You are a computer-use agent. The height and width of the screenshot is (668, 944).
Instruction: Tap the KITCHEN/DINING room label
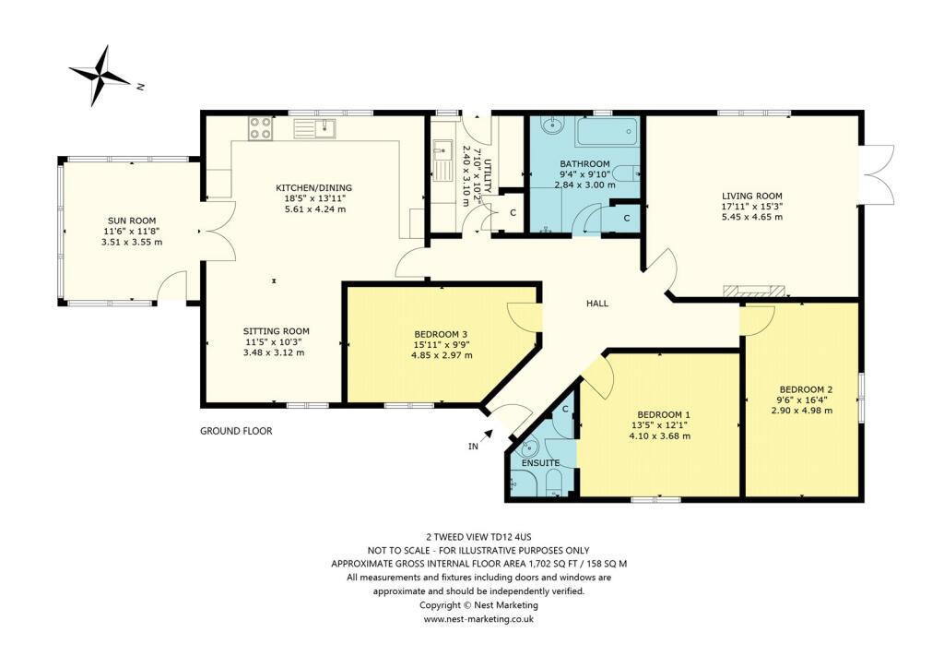pos(313,188)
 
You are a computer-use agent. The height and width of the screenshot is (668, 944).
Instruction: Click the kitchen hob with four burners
pos(259,128)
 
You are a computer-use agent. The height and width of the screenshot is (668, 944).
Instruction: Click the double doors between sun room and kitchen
pos(212,242)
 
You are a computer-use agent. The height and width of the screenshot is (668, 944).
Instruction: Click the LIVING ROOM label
pos(751,196)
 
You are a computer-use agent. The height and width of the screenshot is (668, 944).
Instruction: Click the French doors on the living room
pos(879,175)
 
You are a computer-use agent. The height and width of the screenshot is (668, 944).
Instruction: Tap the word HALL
pos(597,304)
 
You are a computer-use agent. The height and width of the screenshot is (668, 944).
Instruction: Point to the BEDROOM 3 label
pos(442,334)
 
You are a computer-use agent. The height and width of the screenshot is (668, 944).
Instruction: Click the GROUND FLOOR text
pos(236,431)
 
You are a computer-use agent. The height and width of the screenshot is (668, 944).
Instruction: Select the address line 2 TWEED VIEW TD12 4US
pos(478,535)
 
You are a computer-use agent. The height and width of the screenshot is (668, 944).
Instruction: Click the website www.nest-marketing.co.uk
pos(478,619)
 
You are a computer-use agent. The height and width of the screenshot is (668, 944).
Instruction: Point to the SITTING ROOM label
pos(276,330)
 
